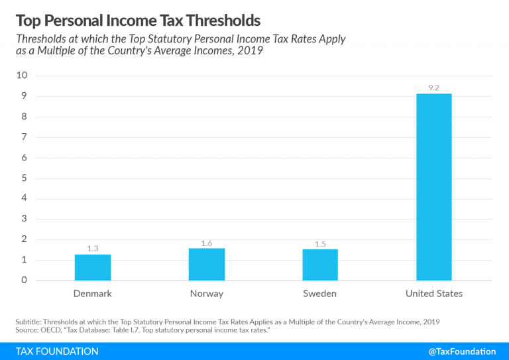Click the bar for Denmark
[92, 267]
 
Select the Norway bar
[206, 264]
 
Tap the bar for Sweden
[320, 265]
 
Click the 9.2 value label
[434, 87]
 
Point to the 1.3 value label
[92, 248]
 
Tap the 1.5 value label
[320, 243]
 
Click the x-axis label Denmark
[92, 293]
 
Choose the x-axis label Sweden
[320, 293]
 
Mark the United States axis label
[434, 293]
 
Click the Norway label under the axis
[206, 293]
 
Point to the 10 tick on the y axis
[22, 76]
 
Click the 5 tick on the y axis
[25, 178]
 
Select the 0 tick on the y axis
[25, 280]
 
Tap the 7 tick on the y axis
[25, 137]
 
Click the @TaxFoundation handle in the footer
[462, 351]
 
